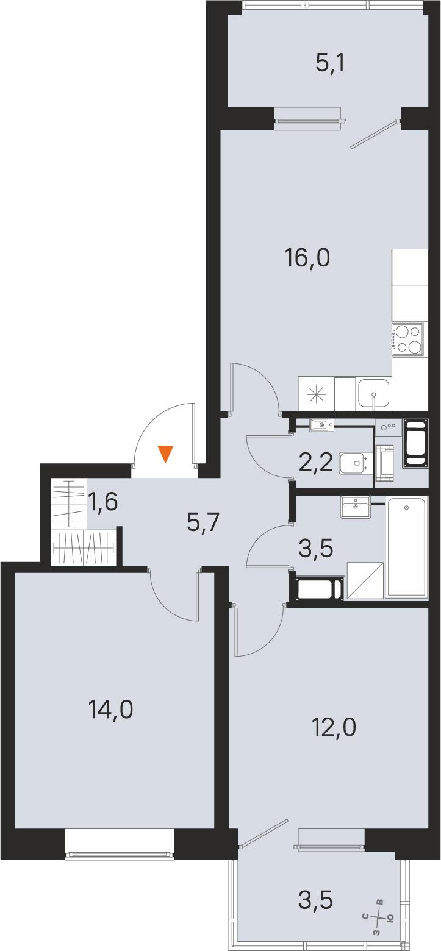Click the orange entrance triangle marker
[x=165, y=454]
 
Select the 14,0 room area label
[x=110, y=709]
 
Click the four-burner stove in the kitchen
[x=407, y=340]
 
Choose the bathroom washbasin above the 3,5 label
[x=355, y=506]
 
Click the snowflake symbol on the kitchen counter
[x=316, y=394]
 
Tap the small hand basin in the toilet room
[x=321, y=424]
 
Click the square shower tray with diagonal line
[x=365, y=580]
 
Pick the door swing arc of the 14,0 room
[x=174, y=599]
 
